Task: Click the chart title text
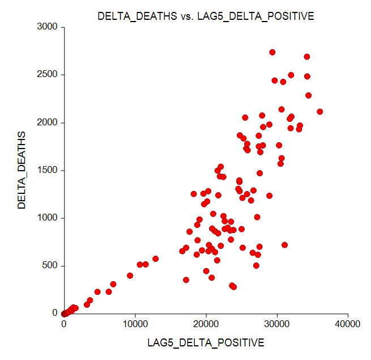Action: pyautogui.click(x=206, y=16)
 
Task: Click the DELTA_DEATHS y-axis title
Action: pyautogui.click(x=22, y=170)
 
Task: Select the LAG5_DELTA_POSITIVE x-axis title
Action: pyautogui.click(x=206, y=342)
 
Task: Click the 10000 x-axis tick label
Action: pyautogui.click(x=135, y=324)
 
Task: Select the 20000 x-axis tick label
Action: pyautogui.click(x=206, y=324)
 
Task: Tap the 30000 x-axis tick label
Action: pyautogui.click(x=277, y=324)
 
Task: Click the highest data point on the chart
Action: pyautogui.click(x=272, y=52)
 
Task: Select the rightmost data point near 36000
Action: pyautogui.click(x=320, y=112)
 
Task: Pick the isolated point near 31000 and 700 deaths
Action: pyautogui.click(x=285, y=245)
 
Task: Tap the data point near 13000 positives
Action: pyautogui.click(x=156, y=259)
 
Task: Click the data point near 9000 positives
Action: pyautogui.click(x=130, y=276)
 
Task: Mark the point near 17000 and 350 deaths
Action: pyautogui.click(x=186, y=279)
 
